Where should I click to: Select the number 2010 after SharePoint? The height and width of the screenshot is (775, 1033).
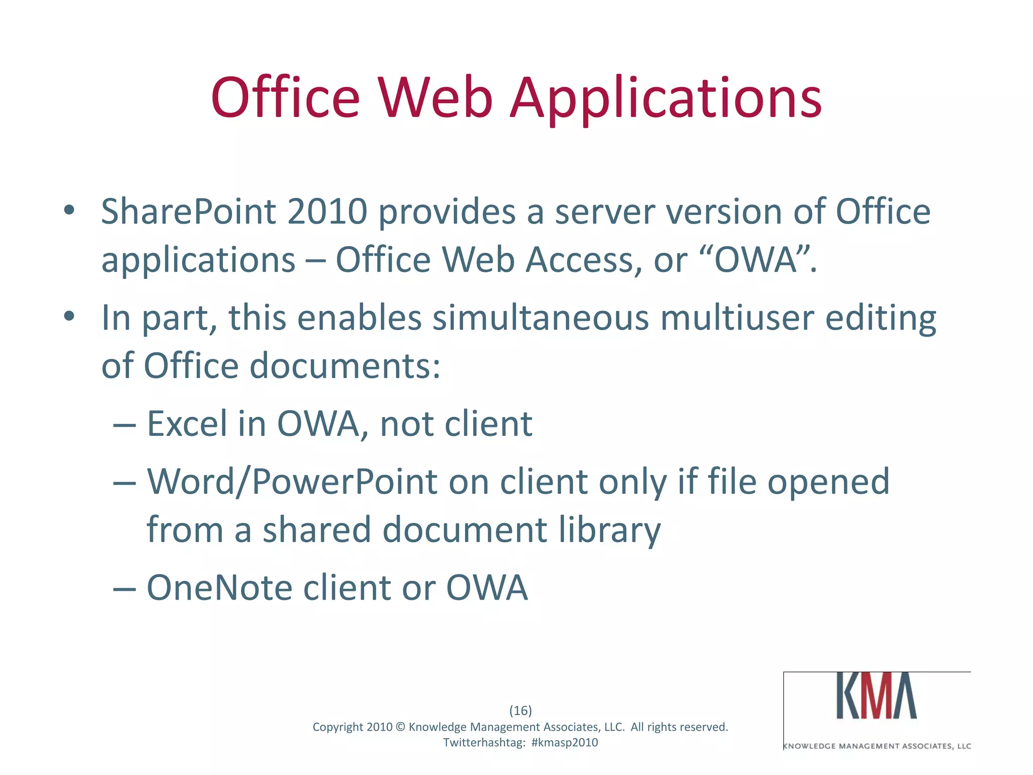pos(327,212)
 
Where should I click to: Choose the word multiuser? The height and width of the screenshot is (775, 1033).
pos(737,318)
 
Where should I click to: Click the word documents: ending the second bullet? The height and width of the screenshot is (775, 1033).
pos(345,366)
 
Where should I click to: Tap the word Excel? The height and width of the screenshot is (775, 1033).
pos(187,424)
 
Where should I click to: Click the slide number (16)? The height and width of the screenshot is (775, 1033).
pos(521,710)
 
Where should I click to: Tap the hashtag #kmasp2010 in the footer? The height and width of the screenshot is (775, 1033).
pos(564,742)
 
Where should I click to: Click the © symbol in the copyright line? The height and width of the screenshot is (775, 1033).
pos(400,727)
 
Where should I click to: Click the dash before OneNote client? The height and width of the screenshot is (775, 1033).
pos(125,589)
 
